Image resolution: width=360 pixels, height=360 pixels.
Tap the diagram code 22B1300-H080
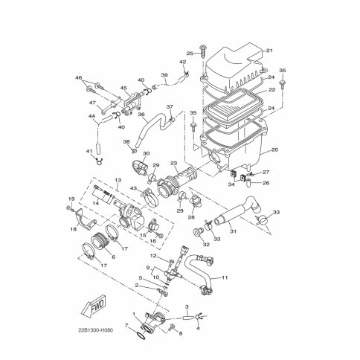(96, 330)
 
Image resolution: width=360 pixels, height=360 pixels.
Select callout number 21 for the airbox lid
(269, 51)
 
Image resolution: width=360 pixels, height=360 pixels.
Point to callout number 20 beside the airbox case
(274, 150)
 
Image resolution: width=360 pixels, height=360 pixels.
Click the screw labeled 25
(203, 51)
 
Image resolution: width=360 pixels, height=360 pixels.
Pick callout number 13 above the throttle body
(118, 180)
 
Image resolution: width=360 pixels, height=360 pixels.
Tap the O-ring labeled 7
(141, 335)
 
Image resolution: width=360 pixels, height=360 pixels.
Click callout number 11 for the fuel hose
(225, 277)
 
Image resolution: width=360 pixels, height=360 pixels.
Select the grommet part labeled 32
(198, 233)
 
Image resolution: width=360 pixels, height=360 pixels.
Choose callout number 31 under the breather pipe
(234, 231)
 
